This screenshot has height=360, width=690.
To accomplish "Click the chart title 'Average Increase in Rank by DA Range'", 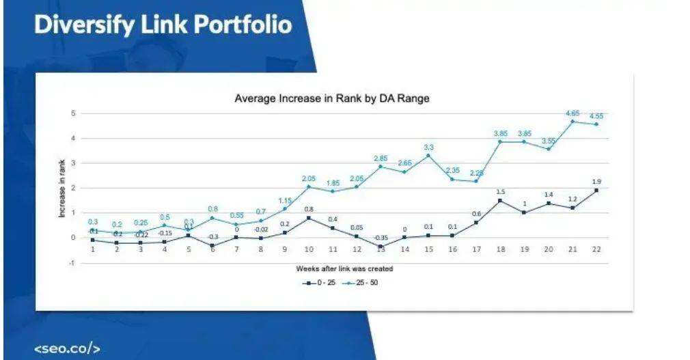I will click(332, 98).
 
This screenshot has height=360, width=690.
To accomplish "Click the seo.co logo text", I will click(68, 348).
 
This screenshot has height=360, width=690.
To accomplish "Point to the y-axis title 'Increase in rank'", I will click(62, 188).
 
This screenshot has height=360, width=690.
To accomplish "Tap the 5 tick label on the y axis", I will click(73, 113).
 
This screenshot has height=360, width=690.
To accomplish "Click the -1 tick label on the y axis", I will click(72, 263).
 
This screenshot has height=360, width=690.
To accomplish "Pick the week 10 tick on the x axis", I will click(309, 249).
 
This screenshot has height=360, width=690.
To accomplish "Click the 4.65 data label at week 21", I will click(572, 113).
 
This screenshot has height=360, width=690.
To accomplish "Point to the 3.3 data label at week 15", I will click(428, 147).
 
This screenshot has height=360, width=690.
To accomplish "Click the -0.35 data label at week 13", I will click(381, 238).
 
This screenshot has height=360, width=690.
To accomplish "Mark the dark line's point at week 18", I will click(501, 200).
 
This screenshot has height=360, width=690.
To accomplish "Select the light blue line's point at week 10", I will click(309, 186).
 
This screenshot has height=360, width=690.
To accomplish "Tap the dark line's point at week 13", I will click(381, 246).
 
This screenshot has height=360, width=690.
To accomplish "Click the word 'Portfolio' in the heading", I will click(243, 25).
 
